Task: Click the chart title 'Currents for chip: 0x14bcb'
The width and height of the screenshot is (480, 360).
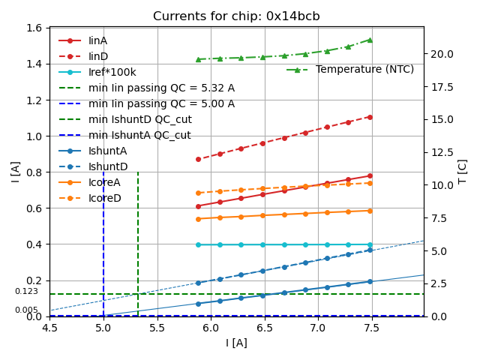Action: [x=236, y=16]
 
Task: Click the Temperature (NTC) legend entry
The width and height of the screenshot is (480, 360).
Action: [x=364, y=70]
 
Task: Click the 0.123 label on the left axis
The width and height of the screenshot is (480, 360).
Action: [x=26, y=292]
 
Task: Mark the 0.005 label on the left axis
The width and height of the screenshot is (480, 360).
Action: [x=26, y=310]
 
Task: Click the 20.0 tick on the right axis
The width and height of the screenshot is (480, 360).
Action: [x=439, y=54]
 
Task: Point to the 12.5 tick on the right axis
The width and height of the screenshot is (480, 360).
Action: [x=439, y=152]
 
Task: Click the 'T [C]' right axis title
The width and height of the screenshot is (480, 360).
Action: [x=463, y=172]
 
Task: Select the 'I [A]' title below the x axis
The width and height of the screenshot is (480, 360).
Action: [x=236, y=343]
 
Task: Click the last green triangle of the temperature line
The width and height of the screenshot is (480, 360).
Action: [x=370, y=40]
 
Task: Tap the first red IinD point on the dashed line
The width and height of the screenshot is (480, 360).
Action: [x=198, y=159]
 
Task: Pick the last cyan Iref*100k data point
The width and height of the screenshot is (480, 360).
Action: [x=370, y=244]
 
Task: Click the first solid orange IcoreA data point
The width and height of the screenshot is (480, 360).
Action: [x=198, y=219]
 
